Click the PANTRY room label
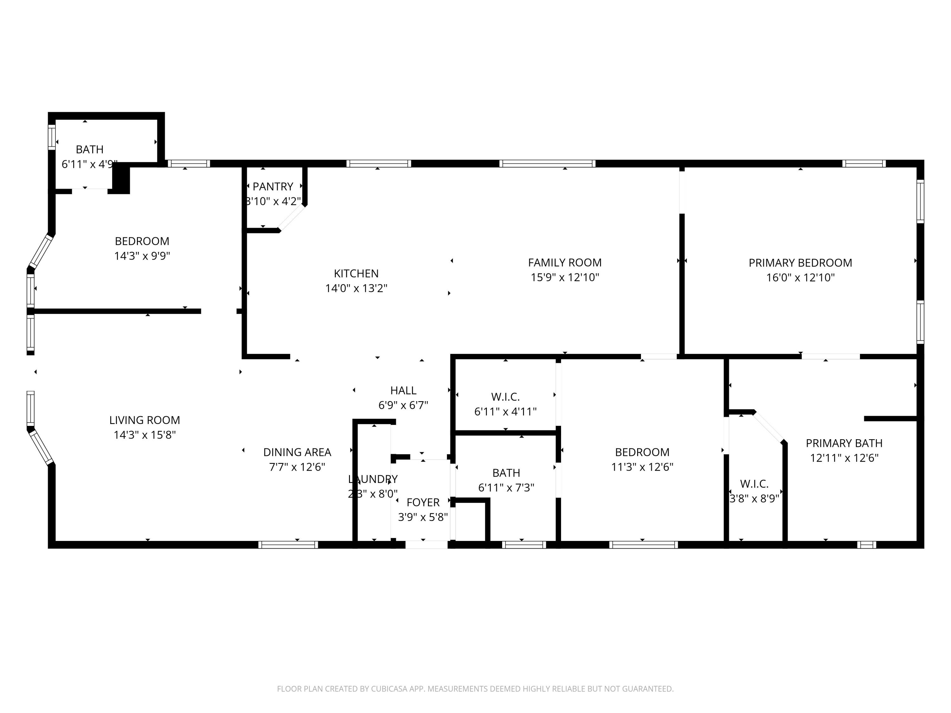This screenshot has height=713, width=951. point(273,187)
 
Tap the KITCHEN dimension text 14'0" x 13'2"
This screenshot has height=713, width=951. point(356,288)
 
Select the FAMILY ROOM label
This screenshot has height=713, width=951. point(565,263)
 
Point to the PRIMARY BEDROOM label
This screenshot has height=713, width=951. point(800,263)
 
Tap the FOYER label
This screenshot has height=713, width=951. point(423,502)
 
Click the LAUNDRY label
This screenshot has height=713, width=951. point(373,479)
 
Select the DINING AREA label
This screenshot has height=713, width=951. point(297,453)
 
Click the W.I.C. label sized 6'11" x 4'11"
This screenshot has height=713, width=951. point(505,397)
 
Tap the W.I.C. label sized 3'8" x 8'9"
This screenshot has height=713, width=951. point(754,484)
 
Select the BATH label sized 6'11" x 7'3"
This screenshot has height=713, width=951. point(506,473)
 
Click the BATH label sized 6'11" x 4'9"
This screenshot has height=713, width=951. point(89,150)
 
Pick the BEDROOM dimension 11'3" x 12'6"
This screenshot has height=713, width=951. point(642,467)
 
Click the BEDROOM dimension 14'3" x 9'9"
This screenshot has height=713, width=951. point(142,256)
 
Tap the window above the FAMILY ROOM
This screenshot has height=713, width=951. point(547,163)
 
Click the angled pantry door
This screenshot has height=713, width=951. point(292,218)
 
